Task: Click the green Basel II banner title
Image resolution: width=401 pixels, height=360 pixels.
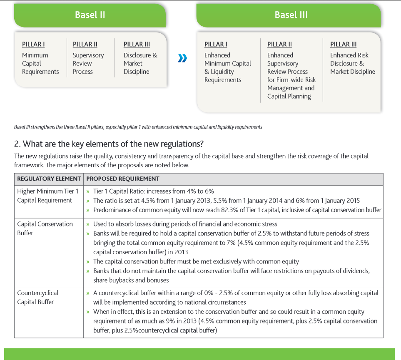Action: (x=90, y=15)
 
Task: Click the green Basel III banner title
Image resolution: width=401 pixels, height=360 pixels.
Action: (x=291, y=15)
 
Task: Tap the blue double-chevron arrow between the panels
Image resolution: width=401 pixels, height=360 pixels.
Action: (x=182, y=58)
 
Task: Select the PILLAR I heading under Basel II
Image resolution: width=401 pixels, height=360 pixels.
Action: (x=33, y=45)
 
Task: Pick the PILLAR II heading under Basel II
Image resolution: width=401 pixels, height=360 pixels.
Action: (x=85, y=45)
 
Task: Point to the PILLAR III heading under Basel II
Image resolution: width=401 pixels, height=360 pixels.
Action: (x=137, y=45)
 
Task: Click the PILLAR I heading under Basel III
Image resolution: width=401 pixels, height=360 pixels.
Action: (x=216, y=45)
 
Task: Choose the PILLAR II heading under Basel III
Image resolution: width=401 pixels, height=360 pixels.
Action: (x=279, y=45)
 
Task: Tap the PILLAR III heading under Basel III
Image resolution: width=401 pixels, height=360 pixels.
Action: (x=343, y=45)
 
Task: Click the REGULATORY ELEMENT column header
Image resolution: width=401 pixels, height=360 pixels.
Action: (x=49, y=179)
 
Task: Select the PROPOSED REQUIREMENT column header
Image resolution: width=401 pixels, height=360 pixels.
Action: (x=123, y=179)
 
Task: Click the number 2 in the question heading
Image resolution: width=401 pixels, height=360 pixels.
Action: (x=17, y=144)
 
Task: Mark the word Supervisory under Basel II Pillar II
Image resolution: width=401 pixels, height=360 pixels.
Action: (x=88, y=55)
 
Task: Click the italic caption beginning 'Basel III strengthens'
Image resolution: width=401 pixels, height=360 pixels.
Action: (x=138, y=127)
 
